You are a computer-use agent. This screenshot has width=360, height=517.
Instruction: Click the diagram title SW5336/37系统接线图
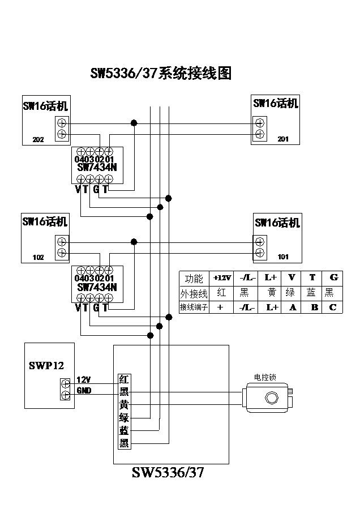coord(161,74)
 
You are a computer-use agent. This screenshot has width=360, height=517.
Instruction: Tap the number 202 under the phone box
coord(38,140)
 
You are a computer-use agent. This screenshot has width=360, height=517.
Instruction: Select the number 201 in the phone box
coord(283,139)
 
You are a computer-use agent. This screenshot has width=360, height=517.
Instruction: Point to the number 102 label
coord(38,257)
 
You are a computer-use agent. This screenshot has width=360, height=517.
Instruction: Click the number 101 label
coord(283,257)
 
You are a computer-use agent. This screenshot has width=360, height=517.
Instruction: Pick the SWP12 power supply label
coord(46,365)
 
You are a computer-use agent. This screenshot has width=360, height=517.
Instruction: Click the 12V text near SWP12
coord(83,379)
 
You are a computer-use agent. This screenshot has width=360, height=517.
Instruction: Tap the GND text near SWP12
coord(84,391)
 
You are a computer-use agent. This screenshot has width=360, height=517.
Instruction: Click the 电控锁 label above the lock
coord(264,377)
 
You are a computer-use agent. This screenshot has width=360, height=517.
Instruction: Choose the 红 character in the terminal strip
coord(124,379)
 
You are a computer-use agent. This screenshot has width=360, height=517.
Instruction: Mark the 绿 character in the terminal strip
coord(124,418)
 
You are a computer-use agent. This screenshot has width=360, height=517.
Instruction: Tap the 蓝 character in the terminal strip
coord(124,431)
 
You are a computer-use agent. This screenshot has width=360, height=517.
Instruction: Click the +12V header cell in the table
coord(222,278)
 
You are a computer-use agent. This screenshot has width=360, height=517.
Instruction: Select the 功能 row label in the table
coord(194,278)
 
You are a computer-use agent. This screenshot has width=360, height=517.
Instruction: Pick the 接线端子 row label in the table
coord(194,307)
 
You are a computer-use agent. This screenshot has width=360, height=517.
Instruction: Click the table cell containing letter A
coord(292,307)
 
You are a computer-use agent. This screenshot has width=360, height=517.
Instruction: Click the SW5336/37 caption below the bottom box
coord(168,473)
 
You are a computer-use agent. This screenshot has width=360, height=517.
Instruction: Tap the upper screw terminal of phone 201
coord(260,122)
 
